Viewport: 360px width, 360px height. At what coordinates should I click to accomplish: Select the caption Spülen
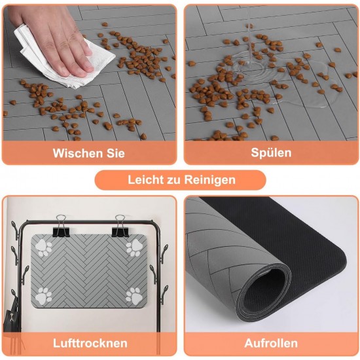pos(271,153)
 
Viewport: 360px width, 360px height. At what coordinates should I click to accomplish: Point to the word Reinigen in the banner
pos(210,180)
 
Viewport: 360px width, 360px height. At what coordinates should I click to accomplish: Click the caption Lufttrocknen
pos(90,343)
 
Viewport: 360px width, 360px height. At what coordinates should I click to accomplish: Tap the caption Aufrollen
pos(271,343)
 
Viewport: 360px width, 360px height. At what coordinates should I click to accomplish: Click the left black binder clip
pos(61,227)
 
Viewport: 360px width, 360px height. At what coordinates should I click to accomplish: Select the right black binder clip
pos(120,227)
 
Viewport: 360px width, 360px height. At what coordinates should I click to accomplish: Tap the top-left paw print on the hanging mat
pos(43,247)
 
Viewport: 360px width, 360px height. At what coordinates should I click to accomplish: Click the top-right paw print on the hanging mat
pos(134,247)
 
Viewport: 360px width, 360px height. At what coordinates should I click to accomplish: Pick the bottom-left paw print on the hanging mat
pos(43,296)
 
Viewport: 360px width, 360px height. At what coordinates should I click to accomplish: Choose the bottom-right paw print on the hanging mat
pos(134,296)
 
